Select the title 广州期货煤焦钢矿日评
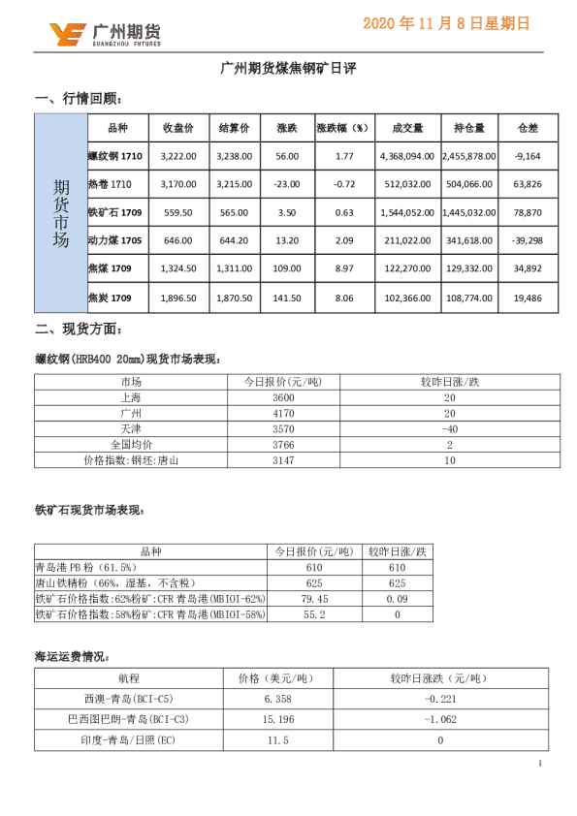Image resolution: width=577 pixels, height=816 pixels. [288, 69]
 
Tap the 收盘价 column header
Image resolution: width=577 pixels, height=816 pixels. [178, 128]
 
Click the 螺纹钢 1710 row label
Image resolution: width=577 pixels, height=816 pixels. [115, 155]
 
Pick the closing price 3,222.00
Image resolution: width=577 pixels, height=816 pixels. [178, 155]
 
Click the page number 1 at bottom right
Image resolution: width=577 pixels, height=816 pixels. [539, 766]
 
